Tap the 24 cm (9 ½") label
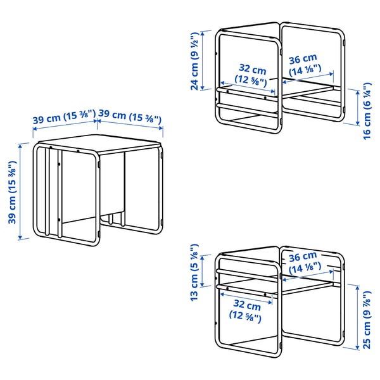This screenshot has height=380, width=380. (195, 58)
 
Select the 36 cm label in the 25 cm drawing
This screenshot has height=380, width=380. (302, 262)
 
